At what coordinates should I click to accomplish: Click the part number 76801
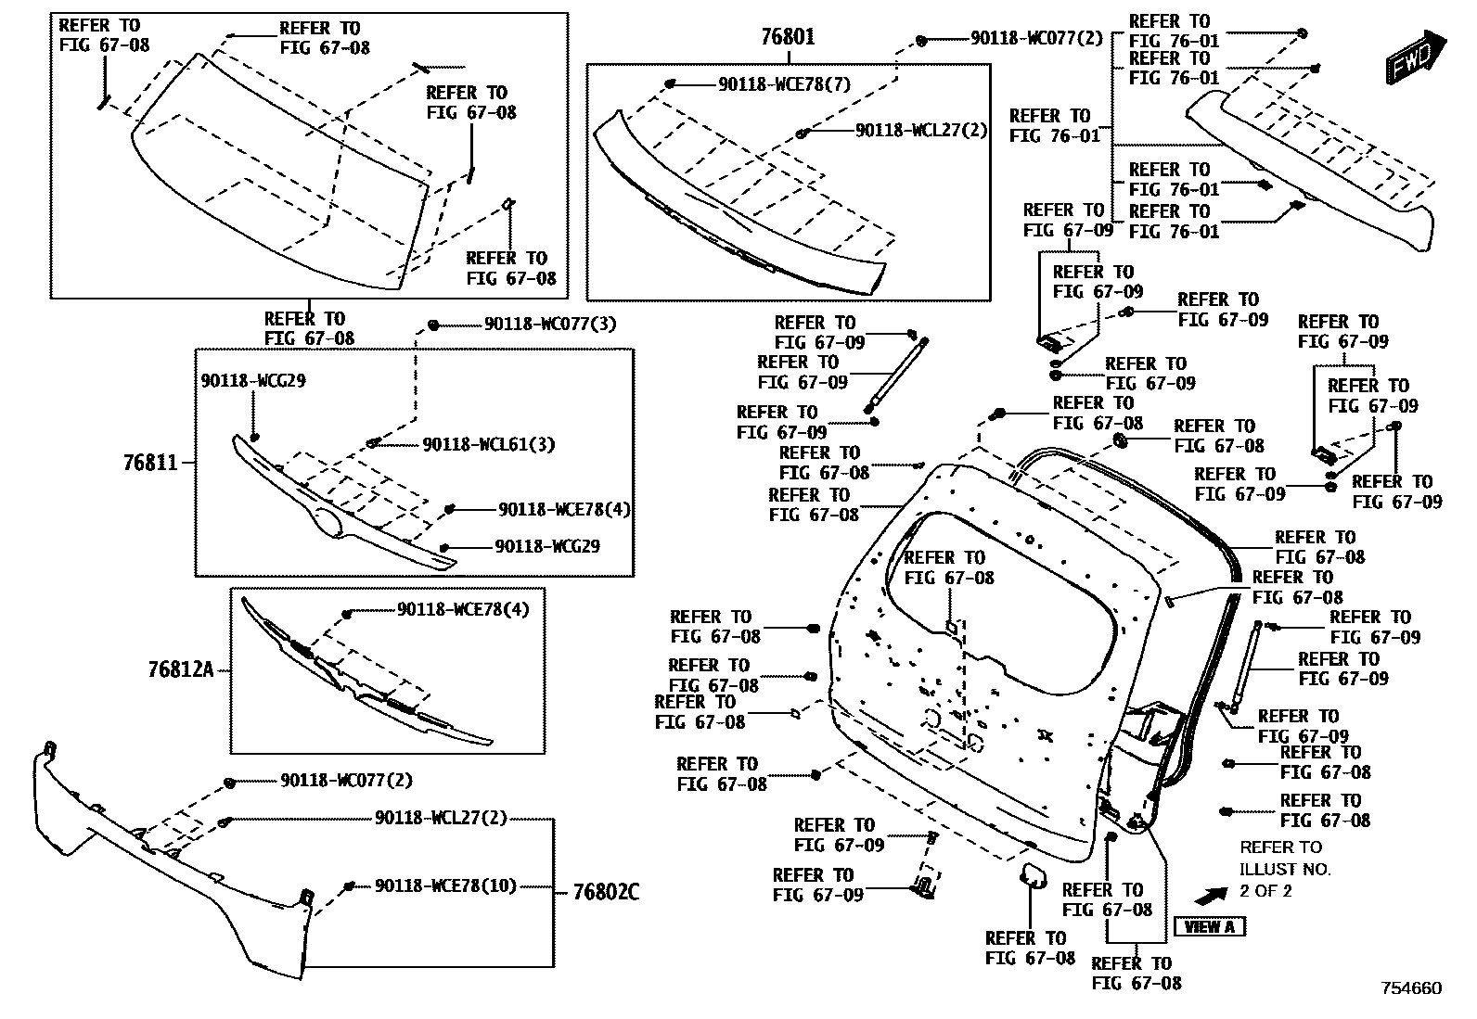(788, 38)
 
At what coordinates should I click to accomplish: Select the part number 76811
(150, 462)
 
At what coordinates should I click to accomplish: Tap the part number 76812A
(180, 669)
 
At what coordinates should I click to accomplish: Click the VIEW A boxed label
(1209, 926)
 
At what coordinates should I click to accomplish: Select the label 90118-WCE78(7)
(784, 84)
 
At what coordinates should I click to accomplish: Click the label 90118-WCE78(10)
(445, 885)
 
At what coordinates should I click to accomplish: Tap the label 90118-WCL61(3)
(488, 445)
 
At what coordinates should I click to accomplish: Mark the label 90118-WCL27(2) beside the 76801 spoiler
(921, 131)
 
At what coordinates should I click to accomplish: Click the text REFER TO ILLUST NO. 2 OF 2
(1284, 869)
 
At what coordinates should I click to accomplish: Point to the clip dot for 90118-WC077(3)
(433, 325)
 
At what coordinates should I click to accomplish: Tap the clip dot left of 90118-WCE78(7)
(669, 84)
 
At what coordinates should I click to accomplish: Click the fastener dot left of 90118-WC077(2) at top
(921, 40)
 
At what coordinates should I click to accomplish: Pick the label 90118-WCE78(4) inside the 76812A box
(463, 610)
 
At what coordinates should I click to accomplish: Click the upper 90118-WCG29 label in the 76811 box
(253, 380)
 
